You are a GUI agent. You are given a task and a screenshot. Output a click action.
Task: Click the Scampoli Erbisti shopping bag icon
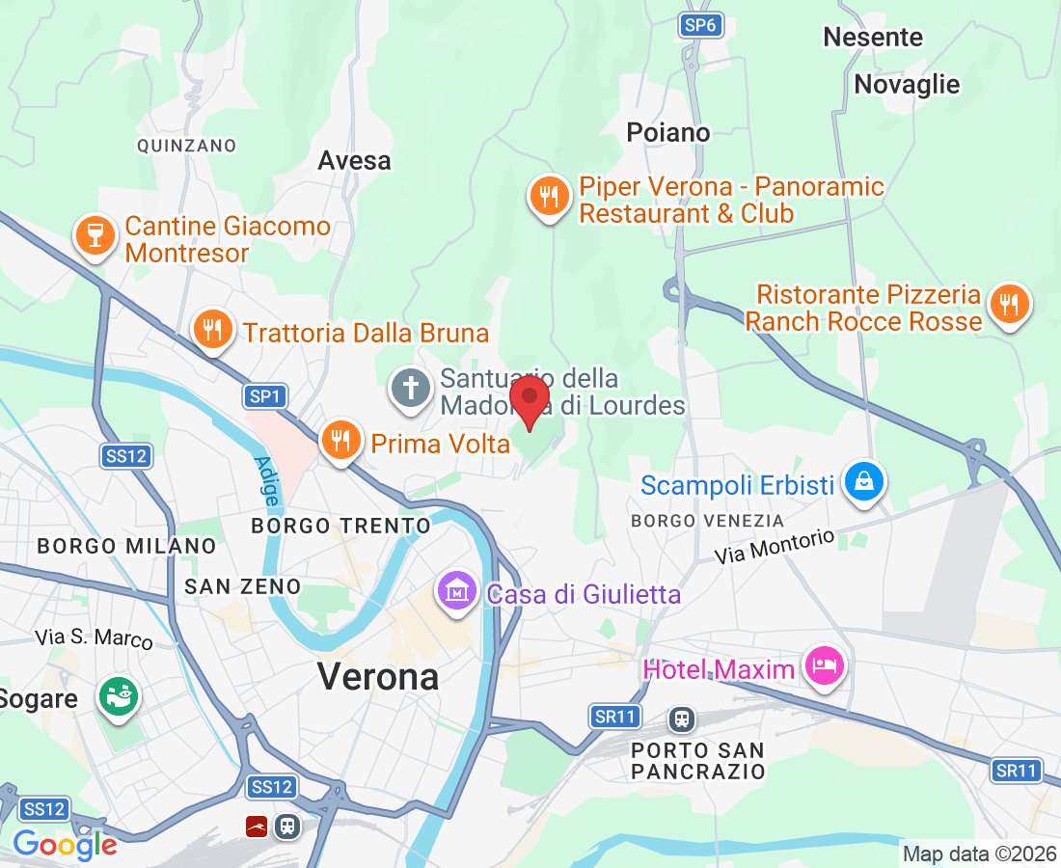click(x=863, y=481)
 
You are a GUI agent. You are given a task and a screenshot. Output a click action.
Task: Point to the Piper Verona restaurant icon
click(x=549, y=197)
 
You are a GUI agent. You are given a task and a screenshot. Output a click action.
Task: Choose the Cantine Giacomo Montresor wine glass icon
click(x=95, y=235)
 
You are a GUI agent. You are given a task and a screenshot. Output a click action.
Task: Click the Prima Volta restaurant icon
click(x=340, y=440)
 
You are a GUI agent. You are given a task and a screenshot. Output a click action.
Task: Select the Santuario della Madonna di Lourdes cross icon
click(x=411, y=389)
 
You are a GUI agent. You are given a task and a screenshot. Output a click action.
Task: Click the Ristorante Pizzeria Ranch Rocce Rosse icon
click(x=1009, y=305)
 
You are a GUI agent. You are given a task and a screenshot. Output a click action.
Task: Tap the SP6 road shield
click(x=699, y=26)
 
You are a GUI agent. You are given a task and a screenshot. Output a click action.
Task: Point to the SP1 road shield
click(x=264, y=396)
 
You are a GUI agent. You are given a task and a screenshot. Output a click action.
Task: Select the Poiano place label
click(x=667, y=132)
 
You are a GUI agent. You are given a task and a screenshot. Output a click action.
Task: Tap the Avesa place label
click(x=355, y=160)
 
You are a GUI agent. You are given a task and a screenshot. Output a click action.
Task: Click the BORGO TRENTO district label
click(x=340, y=526)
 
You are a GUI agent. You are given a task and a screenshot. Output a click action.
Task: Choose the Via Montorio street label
click(x=775, y=547)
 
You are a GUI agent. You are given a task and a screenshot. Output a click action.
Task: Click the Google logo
click(x=65, y=846)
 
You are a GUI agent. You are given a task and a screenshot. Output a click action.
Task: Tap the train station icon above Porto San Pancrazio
click(x=682, y=719)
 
